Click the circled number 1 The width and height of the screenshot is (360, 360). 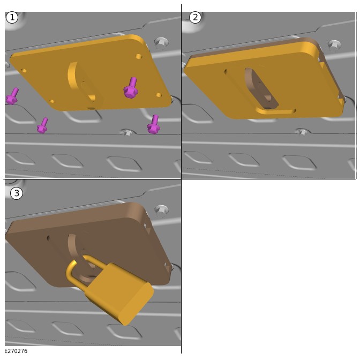coord(12,18)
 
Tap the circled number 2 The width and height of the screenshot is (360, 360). coord(195,17)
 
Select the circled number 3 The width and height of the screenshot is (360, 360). coord(17,193)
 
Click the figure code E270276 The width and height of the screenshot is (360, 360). coord(16,351)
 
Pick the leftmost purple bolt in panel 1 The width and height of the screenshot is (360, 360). coord(12,96)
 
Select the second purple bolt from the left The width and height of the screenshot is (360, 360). coord(42,125)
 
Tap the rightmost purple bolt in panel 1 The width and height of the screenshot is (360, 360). coord(153,124)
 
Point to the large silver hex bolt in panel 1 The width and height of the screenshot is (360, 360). coord(161,43)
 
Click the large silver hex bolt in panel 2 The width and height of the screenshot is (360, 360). coord(334,45)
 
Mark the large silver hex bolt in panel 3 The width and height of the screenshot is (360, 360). coord(161,211)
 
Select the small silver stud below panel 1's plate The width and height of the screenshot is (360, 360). coord(127,133)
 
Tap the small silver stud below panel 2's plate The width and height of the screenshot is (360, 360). coord(303,132)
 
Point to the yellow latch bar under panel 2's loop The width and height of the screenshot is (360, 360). coord(275,111)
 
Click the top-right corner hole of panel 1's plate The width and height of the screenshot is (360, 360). coord(138,56)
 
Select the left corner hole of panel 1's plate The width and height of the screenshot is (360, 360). coord(24,71)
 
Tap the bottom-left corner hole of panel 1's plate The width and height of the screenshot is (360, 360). coord(52,101)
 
